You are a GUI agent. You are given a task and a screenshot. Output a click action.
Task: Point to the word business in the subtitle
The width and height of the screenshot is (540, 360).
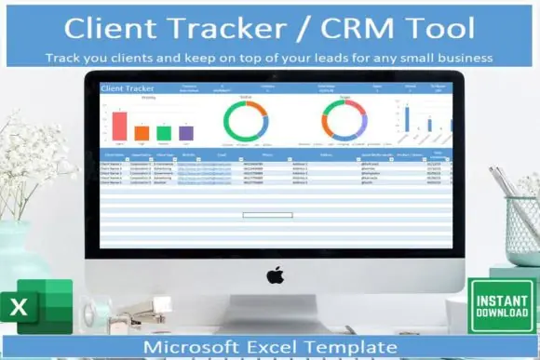click(460, 57)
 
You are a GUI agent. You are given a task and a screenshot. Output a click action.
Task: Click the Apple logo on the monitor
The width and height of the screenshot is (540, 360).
click(274, 275)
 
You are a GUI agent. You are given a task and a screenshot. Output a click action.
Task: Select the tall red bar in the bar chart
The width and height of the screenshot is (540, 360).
click(119, 126)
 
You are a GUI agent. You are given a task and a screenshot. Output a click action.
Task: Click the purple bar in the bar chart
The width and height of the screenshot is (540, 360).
click(185, 133)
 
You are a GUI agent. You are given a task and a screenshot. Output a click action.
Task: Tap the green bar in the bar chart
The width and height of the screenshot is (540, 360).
click(164, 133)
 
